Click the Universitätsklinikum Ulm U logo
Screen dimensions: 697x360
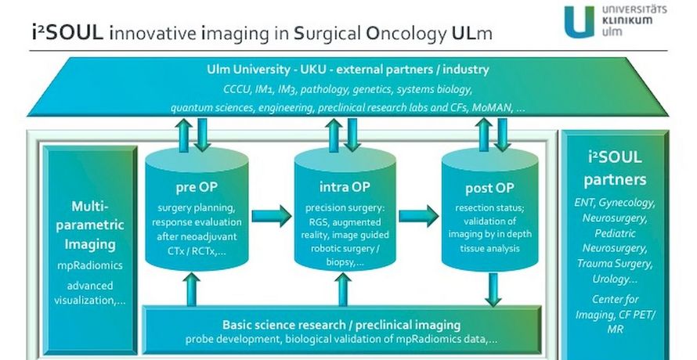[x=580, y=21]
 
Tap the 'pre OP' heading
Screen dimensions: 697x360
[x=197, y=187]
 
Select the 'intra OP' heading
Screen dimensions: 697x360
[x=345, y=187]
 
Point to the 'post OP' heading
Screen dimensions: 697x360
[x=489, y=188]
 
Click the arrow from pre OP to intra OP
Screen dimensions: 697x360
[x=272, y=216]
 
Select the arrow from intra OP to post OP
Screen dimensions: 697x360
[x=419, y=216]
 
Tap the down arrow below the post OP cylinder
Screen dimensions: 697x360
[x=493, y=290]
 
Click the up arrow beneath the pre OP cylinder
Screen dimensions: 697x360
[x=191, y=290]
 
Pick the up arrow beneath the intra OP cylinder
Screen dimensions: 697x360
[x=343, y=290]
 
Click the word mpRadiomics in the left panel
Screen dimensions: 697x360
[x=90, y=265]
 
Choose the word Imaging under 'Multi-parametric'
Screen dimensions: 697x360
[x=90, y=244]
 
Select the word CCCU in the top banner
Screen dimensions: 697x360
[x=236, y=89]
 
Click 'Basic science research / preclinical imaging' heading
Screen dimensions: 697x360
[x=341, y=325]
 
